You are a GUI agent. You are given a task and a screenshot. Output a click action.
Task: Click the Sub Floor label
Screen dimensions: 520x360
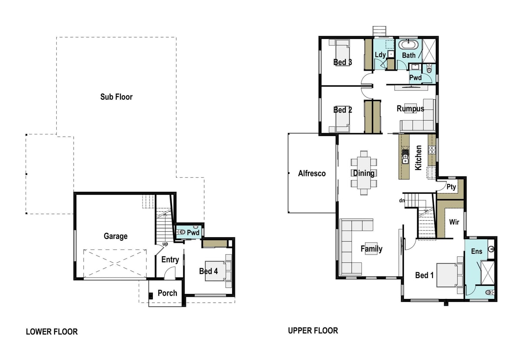point(116,97)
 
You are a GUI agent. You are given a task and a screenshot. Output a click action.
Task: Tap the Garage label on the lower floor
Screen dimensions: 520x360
point(115,236)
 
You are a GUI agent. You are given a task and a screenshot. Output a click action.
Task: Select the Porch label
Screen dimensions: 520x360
point(167,293)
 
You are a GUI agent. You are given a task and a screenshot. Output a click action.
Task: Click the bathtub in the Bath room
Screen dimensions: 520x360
point(408,44)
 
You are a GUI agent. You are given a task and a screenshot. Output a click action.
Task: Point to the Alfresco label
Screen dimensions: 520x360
point(312,173)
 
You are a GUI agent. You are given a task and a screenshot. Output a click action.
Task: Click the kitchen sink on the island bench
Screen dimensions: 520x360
point(405,157)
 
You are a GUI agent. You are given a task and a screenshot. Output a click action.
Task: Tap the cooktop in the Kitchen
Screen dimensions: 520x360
point(432,150)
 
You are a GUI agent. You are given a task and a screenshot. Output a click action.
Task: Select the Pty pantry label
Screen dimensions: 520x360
point(451,187)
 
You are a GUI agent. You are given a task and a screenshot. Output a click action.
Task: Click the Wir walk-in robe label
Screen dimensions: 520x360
point(454,222)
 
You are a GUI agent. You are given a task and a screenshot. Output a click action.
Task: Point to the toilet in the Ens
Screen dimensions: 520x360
point(490,292)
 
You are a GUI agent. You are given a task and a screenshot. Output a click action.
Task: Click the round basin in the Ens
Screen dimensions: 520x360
point(491,249)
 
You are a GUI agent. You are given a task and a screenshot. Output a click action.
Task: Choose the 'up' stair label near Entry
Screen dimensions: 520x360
point(165,244)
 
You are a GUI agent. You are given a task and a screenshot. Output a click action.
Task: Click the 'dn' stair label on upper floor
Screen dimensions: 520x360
point(402,200)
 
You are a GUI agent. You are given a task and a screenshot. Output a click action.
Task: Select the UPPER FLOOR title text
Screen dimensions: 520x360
point(313,331)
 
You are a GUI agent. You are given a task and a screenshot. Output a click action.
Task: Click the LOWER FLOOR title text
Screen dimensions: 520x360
point(52,332)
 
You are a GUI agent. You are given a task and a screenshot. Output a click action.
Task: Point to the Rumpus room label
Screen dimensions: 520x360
point(410,108)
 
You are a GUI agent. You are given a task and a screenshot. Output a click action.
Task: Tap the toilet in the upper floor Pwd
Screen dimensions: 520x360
point(429,69)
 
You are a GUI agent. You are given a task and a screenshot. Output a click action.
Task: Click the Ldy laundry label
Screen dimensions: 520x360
point(380,55)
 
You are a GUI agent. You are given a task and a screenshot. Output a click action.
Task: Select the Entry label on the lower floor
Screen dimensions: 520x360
point(170,260)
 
